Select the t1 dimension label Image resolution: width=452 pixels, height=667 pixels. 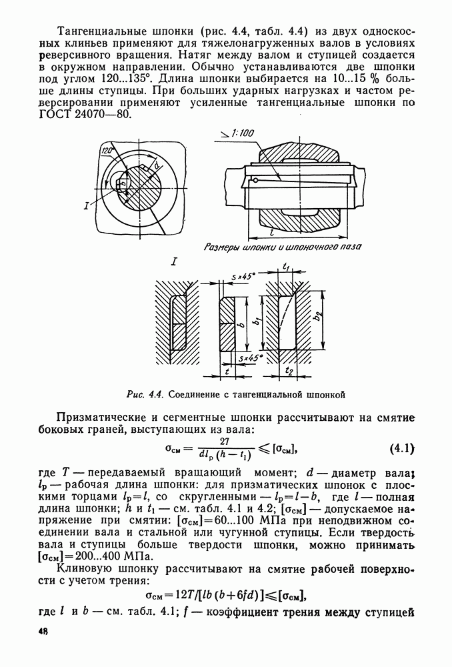click(x=286, y=265)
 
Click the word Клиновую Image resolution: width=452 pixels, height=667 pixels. click(x=84, y=570)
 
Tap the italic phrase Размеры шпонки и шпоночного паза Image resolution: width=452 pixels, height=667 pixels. click(x=281, y=247)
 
